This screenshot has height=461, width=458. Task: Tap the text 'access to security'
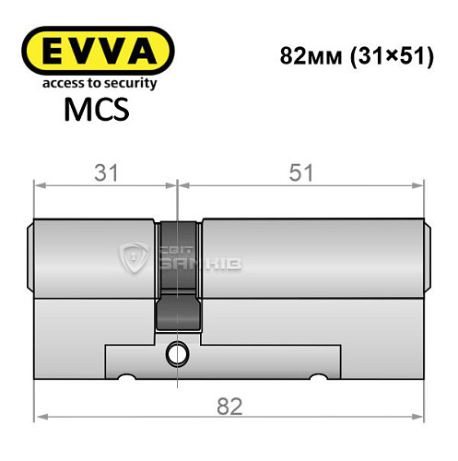coord(96,84)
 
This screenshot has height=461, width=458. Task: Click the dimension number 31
coord(101,171)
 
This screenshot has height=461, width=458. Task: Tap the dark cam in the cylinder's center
coord(176,277)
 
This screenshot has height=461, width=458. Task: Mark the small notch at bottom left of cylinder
coord(126,376)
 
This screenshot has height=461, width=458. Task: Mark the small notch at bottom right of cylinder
coord(320,376)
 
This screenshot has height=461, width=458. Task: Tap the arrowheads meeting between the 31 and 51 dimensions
coord(176,184)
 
